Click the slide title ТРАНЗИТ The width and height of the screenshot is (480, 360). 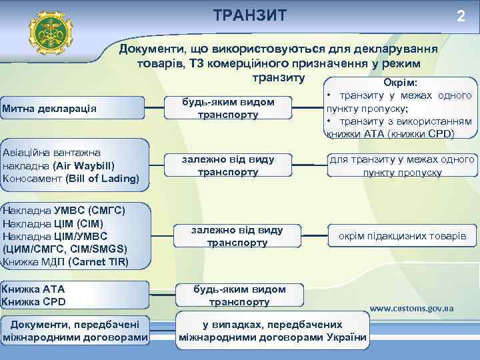click(250, 15)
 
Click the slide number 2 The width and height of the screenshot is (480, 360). click(460, 17)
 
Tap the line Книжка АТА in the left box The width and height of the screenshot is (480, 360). click(34, 289)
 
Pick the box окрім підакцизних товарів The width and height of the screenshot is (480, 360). click(402, 237)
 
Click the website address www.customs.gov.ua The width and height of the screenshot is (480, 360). click(411, 309)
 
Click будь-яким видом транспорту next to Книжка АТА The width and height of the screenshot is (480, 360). click(239, 295)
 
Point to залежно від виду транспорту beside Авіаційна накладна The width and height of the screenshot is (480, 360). click(229, 165)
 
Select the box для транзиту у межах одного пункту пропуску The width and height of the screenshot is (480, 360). click(402, 166)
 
